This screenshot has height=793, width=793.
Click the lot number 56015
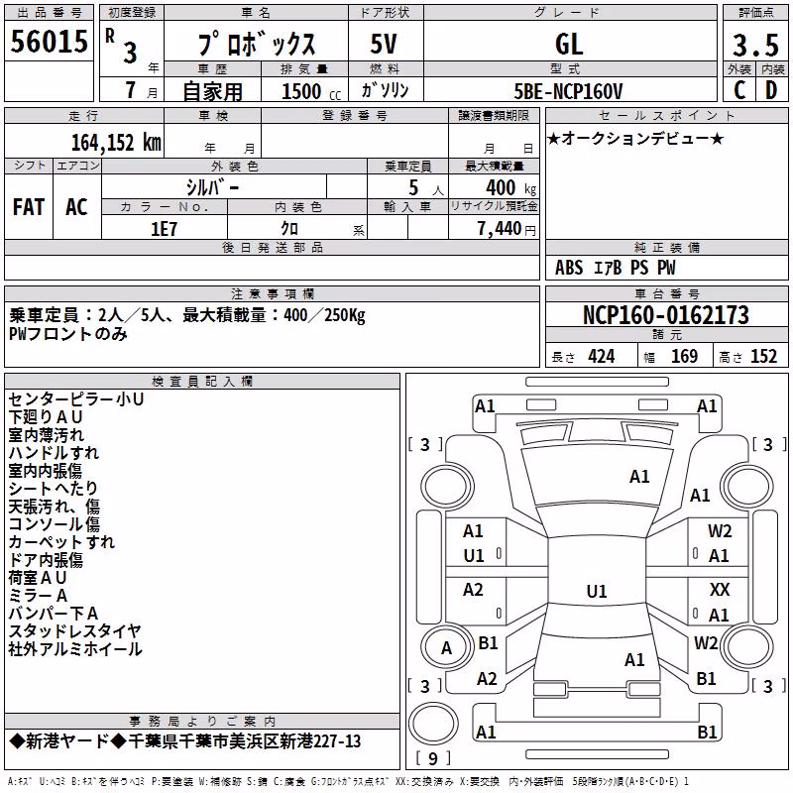point(49,42)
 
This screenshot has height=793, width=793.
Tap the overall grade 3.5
point(756,45)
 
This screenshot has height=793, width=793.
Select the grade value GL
point(569,44)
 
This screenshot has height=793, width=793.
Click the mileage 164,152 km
point(116,142)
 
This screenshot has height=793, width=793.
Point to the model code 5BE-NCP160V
point(568,91)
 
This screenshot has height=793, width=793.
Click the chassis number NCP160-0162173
point(666,314)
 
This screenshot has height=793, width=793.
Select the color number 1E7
point(164,229)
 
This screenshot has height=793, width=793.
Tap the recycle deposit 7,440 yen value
point(507,229)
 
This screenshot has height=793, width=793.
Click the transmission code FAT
point(29,207)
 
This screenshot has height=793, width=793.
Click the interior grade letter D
point(771,90)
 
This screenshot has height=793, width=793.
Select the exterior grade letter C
point(739,90)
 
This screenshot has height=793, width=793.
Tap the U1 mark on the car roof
point(597,591)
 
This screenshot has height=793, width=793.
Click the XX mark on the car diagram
point(720,589)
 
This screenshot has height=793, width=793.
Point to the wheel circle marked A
point(446,647)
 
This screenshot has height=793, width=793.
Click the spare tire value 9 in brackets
point(432,758)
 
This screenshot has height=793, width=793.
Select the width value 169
point(684,356)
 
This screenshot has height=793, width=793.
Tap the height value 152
point(763,356)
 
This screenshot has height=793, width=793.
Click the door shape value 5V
point(384,44)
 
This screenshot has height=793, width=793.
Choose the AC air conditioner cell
point(77,207)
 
